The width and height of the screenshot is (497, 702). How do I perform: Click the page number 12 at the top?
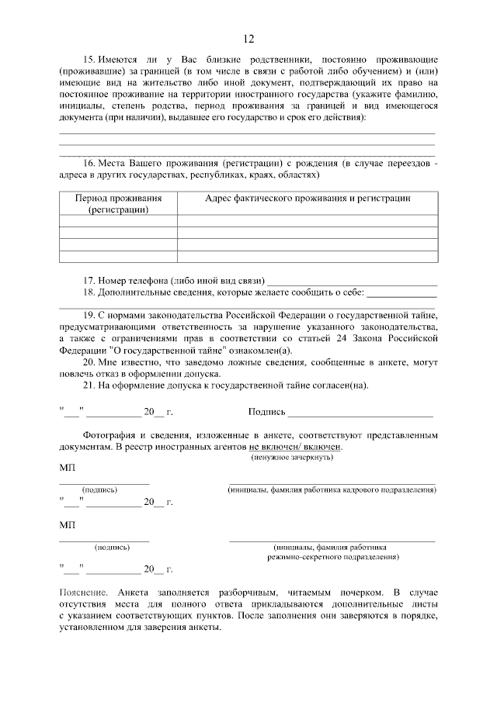248,40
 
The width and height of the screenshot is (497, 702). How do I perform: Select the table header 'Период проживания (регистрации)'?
118,203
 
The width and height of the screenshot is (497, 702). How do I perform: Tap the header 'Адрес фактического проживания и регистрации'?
308,199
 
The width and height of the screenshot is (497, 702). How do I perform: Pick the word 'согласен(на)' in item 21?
342,386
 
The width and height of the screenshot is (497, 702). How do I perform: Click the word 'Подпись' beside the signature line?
266,413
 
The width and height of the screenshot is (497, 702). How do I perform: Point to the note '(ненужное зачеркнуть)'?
292,458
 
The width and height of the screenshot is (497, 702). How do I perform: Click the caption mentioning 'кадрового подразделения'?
332,490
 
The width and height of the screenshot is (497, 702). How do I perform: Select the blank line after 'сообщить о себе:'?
401,293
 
